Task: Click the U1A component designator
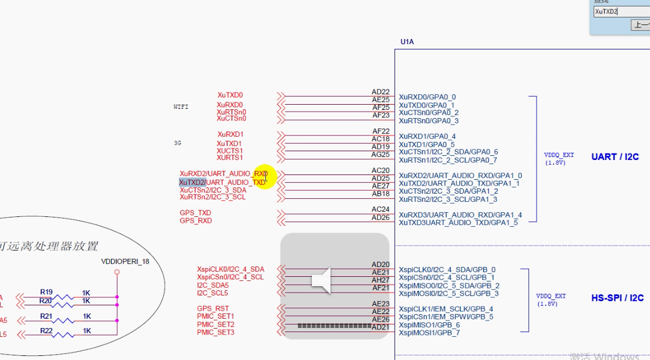coord(407,42)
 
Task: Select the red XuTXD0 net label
coord(230,95)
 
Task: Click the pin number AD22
coord(381,92)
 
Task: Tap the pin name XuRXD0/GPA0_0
coord(427,97)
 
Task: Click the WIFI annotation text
coord(181,107)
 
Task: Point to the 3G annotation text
coord(177,143)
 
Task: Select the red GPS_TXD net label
coord(196,213)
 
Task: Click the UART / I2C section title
coord(615,157)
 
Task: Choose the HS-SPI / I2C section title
coord(617,298)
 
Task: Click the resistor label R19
coord(47,292)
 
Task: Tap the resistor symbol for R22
coord(63,334)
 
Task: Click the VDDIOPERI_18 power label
coord(125,262)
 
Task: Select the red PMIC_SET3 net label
coord(215,332)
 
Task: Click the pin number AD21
coord(381,327)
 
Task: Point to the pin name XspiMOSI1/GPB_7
coord(429,333)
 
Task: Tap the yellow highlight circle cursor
coord(265,176)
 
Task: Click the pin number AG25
coord(381,155)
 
